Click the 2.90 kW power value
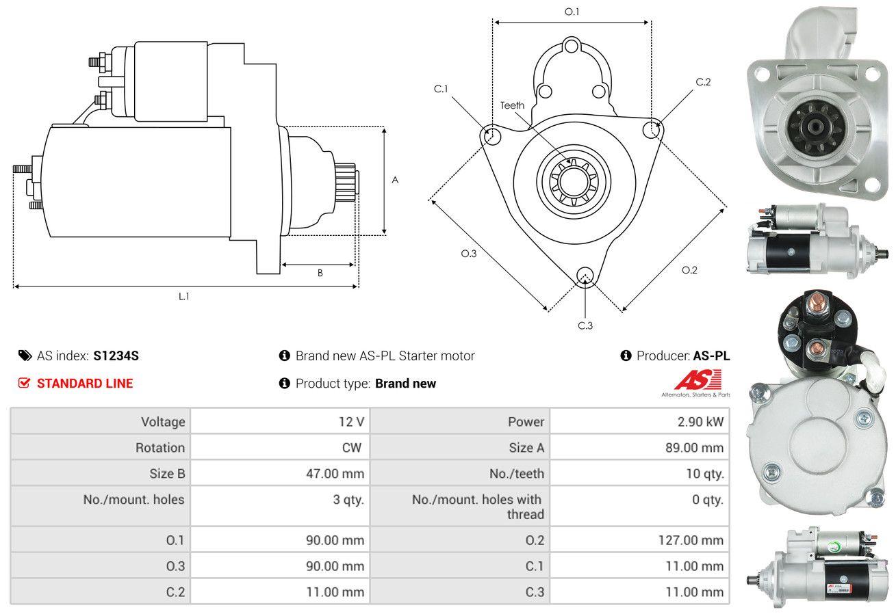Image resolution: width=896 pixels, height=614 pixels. click(x=700, y=422)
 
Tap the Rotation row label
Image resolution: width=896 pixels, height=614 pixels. click(x=160, y=448)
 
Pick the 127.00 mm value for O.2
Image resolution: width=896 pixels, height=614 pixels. click(x=691, y=540)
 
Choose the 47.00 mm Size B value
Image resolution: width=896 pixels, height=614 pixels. click(x=335, y=474)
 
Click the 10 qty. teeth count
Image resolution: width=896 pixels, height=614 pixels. click(x=705, y=474)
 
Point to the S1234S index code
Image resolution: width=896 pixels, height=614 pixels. click(x=116, y=356)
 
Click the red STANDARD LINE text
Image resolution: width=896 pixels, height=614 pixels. click(x=85, y=384)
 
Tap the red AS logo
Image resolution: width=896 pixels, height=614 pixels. click(x=698, y=380)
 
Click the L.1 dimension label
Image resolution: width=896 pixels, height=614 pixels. click(x=183, y=297)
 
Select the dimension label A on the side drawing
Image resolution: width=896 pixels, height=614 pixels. click(x=395, y=180)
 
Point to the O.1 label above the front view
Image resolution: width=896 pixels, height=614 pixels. click(x=572, y=12)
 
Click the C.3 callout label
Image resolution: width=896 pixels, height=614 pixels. click(x=585, y=325)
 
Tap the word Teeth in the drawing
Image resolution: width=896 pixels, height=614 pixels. click(x=512, y=105)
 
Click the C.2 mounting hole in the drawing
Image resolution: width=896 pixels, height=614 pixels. click(x=652, y=129)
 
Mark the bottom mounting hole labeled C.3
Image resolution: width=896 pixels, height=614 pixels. click(x=585, y=276)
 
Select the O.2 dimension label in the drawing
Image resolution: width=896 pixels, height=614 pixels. click(x=689, y=271)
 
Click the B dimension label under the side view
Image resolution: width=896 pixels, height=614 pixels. click(x=320, y=273)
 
